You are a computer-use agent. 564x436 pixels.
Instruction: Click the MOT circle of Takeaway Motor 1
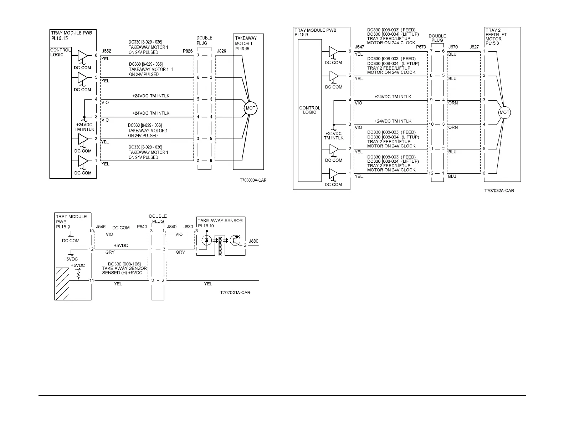click(250, 108)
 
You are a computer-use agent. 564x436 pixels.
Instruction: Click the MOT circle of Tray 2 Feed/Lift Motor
click(504, 113)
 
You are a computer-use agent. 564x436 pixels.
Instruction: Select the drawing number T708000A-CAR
click(253, 181)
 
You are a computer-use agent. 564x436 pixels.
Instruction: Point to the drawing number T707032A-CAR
click(499, 191)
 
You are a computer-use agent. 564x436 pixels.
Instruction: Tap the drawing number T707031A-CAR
click(235, 293)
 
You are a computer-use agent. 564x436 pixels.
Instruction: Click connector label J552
click(107, 51)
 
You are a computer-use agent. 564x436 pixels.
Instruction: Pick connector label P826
click(188, 51)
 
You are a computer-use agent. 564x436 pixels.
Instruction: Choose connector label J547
click(359, 47)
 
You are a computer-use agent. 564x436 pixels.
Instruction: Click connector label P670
click(421, 47)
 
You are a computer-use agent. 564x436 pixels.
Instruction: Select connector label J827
click(474, 47)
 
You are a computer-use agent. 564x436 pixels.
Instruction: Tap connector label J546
click(101, 227)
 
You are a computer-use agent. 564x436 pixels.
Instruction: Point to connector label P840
click(142, 227)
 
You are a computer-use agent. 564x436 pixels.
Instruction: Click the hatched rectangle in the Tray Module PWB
click(62, 284)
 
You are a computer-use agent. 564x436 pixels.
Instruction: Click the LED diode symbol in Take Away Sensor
click(207, 240)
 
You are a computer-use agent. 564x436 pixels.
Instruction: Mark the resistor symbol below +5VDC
click(79, 274)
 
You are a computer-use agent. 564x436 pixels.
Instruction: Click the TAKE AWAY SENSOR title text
click(220, 220)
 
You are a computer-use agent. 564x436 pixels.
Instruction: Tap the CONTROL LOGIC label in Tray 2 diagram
click(309, 110)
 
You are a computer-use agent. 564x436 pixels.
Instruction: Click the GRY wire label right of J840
click(180, 252)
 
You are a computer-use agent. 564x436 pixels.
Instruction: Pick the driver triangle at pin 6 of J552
click(82, 56)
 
